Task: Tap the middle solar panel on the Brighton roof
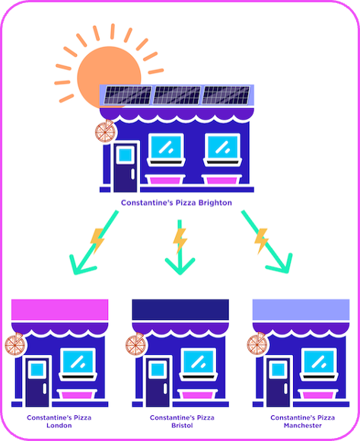(177, 95)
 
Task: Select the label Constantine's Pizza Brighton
(177, 203)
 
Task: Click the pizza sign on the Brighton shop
(105, 131)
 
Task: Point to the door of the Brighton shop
(126, 168)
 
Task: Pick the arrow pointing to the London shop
(94, 242)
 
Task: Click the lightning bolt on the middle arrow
(180, 240)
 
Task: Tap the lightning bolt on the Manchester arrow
(261, 241)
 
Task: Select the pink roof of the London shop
(60, 310)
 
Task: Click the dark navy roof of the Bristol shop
(180, 310)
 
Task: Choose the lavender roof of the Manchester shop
(301, 310)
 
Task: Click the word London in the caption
(59, 425)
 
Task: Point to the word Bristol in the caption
(182, 425)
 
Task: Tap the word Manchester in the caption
(303, 425)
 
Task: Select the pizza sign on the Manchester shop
(257, 344)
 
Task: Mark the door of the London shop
(37, 382)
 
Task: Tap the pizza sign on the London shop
(15, 344)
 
